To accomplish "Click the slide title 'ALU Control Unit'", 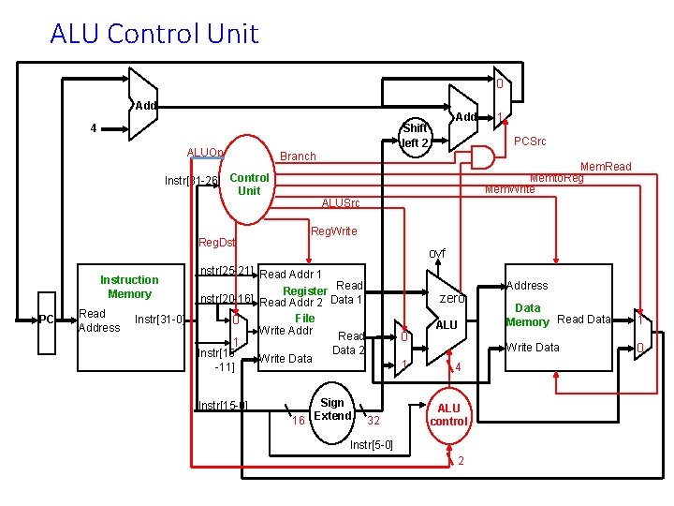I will [x=154, y=34].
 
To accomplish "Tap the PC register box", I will [x=46, y=320].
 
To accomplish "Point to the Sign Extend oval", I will [x=333, y=409].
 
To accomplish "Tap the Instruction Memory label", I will [x=129, y=287].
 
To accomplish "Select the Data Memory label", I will [x=527, y=315].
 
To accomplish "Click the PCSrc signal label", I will [x=531, y=141].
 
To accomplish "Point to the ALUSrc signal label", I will [x=340, y=203].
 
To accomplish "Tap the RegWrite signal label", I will [x=333, y=231].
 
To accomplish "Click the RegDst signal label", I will [x=217, y=243].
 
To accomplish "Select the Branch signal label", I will [x=298, y=156].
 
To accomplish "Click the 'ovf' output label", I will [x=437, y=254].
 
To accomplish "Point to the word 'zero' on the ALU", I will [x=452, y=298].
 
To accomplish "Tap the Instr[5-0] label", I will [x=371, y=444].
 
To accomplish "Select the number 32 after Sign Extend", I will [x=373, y=420].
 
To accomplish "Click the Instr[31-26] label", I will [x=191, y=180].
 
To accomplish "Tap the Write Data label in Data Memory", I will [x=533, y=348].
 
